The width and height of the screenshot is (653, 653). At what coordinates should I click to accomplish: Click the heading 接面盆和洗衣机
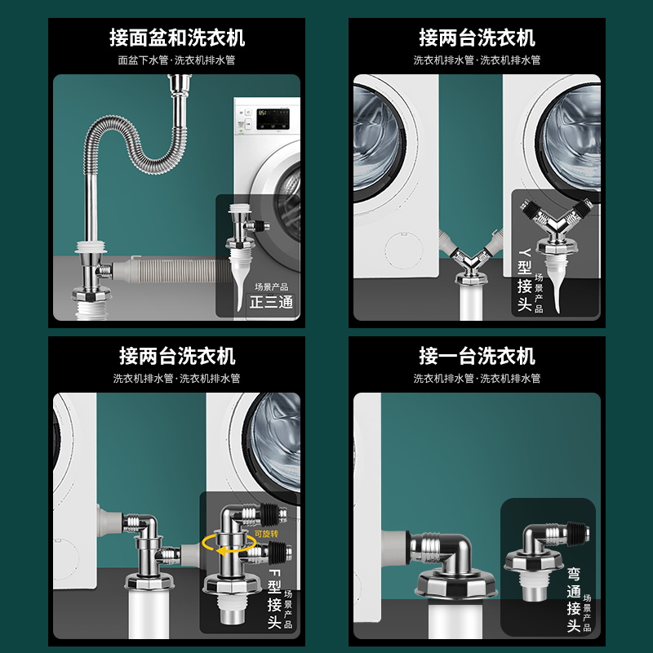pos(177,38)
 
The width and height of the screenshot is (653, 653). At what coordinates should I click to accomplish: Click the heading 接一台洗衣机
pos(477,356)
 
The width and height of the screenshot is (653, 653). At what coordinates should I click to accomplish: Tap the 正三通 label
pos(271,303)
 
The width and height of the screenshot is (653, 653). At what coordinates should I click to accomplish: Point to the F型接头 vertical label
pos(274,593)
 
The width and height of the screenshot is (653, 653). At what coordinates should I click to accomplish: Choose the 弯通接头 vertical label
pos(574,600)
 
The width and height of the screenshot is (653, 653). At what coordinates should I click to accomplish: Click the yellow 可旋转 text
pos(265,533)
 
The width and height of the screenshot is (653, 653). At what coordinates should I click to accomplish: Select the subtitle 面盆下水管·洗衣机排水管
pos(177,60)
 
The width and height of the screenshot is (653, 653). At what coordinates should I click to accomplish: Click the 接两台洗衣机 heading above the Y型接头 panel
pos(477,38)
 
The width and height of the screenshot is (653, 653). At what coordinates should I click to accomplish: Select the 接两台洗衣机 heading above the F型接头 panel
pos(177,356)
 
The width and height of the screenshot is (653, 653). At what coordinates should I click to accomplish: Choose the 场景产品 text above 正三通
pos(271,287)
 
